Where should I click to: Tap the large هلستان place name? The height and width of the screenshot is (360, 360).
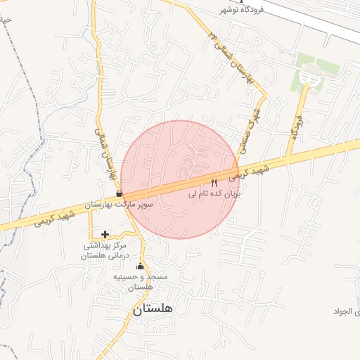(x=152, y=308)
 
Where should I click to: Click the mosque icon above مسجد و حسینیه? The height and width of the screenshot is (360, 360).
(x=139, y=266)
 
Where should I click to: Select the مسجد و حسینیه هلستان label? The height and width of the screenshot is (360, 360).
(x=141, y=282)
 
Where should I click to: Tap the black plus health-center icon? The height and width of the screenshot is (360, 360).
(x=105, y=234)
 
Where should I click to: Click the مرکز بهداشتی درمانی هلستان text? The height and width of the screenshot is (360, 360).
(x=105, y=251)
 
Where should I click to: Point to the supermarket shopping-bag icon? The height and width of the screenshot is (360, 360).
(x=119, y=193)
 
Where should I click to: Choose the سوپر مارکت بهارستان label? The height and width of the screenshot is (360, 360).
(x=119, y=204)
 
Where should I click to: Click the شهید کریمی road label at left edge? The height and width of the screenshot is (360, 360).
(x=52, y=216)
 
